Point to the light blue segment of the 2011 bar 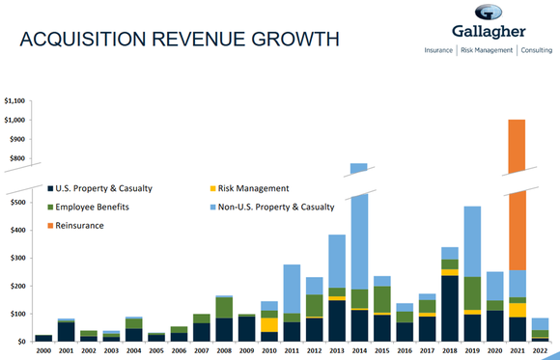click(291, 289)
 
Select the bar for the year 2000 click(43, 338)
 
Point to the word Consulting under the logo click(545, 49)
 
